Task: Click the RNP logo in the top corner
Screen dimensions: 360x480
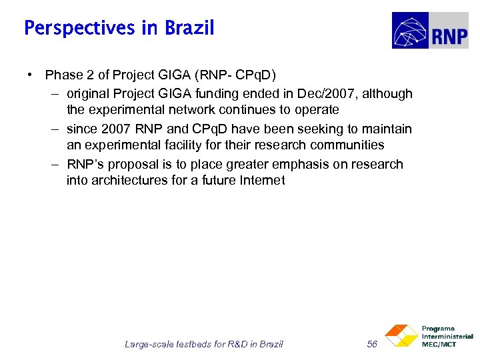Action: (x=429, y=31)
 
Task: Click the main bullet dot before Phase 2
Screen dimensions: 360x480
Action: (x=31, y=75)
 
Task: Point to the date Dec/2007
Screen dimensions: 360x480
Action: (x=328, y=94)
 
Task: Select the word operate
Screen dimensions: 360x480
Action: (x=315, y=110)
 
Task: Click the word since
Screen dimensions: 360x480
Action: (x=81, y=129)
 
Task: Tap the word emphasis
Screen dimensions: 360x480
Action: (x=292, y=164)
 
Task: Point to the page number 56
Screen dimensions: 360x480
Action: (x=372, y=344)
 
